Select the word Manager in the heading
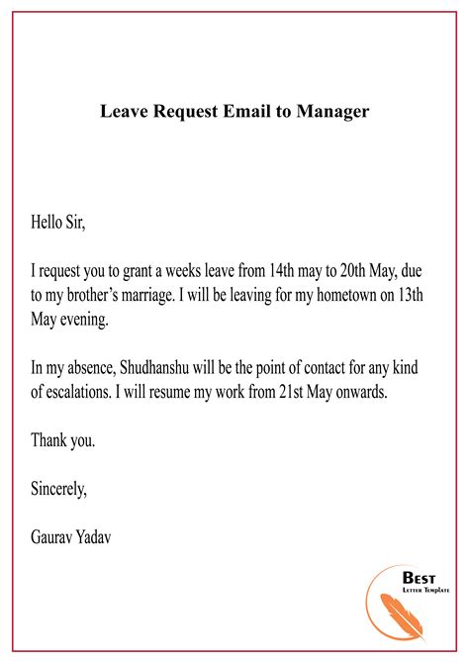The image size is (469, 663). (331, 111)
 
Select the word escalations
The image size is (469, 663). (86, 392)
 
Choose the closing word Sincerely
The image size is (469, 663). (58, 487)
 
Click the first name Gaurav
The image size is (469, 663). (54, 536)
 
